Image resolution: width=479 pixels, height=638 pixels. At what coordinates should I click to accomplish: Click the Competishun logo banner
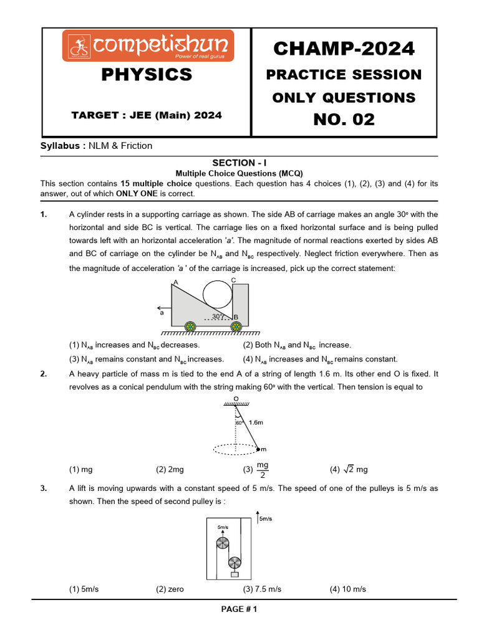148,45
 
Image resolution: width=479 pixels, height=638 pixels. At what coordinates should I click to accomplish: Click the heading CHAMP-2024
344,48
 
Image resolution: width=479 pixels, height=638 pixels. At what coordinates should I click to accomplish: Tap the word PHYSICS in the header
147,75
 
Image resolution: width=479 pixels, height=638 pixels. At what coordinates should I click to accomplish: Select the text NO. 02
344,119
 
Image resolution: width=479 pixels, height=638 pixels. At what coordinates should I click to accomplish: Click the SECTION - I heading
239,163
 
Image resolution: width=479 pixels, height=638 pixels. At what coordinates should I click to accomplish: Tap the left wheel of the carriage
189,326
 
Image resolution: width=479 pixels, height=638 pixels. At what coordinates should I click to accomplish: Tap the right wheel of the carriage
236,326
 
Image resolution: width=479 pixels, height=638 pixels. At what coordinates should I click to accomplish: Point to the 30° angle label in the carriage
218,317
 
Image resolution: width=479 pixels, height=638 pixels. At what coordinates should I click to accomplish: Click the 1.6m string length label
256,422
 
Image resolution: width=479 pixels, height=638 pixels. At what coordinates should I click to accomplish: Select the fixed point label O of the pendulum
235,398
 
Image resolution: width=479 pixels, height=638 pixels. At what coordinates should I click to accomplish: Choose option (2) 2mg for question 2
170,470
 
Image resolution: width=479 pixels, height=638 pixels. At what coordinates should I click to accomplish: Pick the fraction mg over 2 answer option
263,470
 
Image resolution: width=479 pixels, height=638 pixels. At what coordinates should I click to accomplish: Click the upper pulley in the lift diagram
223,543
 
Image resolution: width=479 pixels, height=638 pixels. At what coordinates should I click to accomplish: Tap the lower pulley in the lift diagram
235,562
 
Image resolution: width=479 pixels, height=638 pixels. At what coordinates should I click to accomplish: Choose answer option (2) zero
170,589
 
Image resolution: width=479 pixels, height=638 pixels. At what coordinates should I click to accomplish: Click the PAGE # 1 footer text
239,609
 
